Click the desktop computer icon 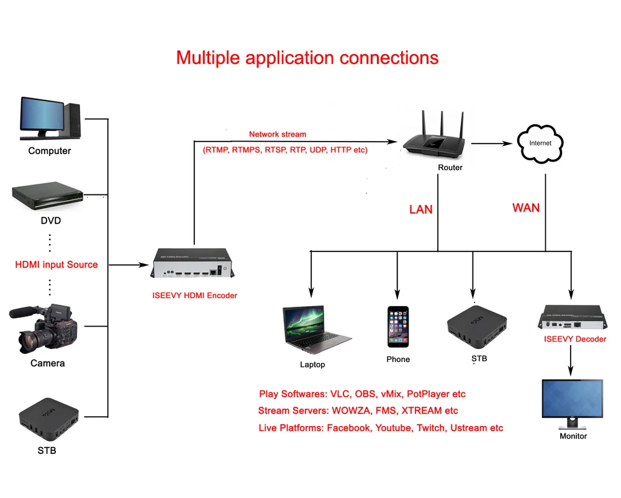click(x=50, y=118)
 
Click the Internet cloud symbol click(x=540, y=143)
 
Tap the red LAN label click(x=420, y=209)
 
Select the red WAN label click(x=525, y=207)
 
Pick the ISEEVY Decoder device click(x=571, y=317)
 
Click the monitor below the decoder click(x=572, y=404)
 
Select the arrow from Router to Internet click(x=494, y=143)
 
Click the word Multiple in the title click(x=208, y=58)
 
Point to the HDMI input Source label click(x=57, y=265)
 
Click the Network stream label click(x=278, y=134)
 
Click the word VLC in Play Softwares click(x=340, y=394)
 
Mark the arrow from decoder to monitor click(x=571, y=360)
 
